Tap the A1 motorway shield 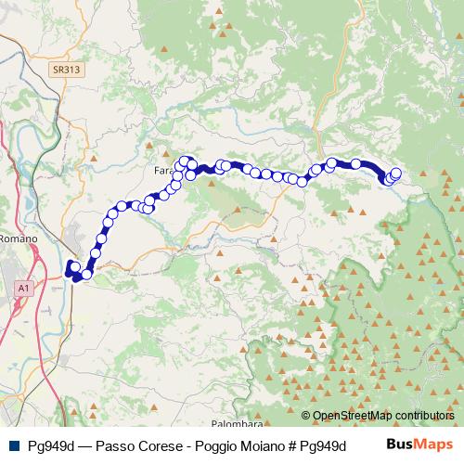point(22,290)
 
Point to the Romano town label point(19,238)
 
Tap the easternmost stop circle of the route point(396,173)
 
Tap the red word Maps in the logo point(433,444)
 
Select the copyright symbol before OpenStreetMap point(306,416)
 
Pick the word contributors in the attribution point(422,416)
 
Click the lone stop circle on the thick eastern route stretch point(355,164)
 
